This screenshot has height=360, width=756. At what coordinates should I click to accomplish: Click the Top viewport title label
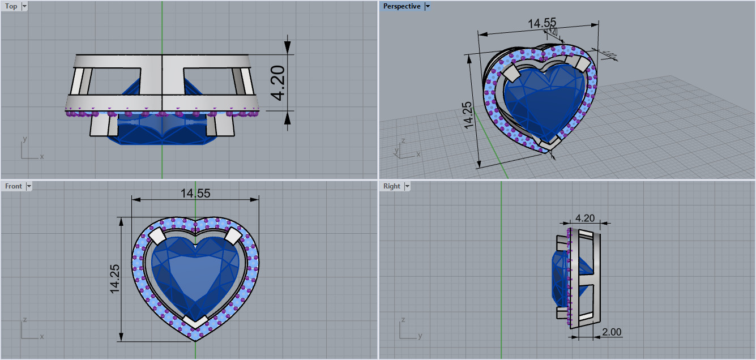(x=11, y=7)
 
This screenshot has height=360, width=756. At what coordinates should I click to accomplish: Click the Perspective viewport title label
(x=402, y=7)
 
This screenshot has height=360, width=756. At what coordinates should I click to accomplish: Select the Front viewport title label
(x=14, y=186)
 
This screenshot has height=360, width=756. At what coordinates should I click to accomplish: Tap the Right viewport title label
(x=391, y=186)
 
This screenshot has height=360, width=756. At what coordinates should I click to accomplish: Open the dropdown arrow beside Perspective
(x=428, y=7)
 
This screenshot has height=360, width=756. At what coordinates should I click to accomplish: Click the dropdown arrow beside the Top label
(x=24, y=7)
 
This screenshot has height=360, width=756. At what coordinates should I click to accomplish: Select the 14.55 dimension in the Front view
(x=195, y=193)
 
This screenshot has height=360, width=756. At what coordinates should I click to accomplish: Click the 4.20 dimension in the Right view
(x=585, y=218)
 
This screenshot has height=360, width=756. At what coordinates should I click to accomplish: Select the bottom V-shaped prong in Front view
(x=195, y=322)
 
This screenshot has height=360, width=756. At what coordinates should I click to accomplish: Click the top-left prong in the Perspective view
(x=511, y=72)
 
